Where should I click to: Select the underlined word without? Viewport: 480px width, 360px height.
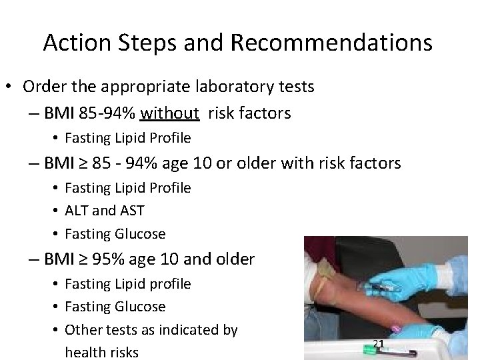171,113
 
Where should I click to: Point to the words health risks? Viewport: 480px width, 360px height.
101,351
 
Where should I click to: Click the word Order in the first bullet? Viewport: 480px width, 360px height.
43,87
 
